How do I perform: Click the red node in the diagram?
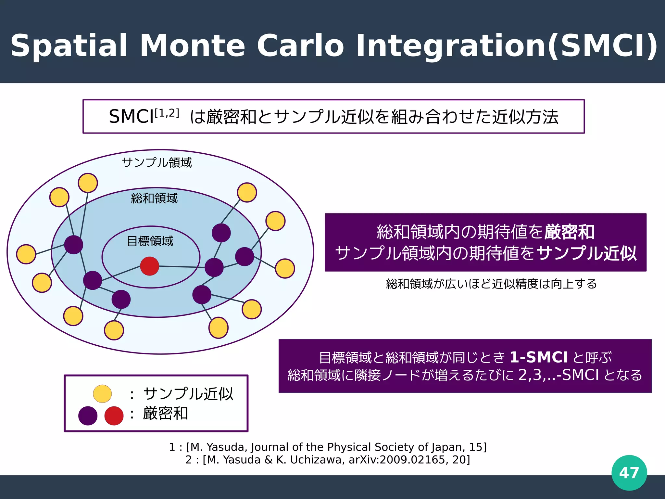[150, 266]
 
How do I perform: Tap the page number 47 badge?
[629, 473]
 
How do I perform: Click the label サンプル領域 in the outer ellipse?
[157, 162]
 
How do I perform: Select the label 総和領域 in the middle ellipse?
[154, 198]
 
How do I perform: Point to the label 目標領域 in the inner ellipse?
[150, 241]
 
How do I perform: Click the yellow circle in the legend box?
[102, 394]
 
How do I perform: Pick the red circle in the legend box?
[114, 416]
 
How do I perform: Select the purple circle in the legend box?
[88, 416]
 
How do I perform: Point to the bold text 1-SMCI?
[538, 357]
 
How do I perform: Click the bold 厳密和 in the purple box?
[569, 232]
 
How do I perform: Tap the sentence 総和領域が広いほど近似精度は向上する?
[491, 284]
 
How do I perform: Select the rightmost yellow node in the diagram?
[285, 268]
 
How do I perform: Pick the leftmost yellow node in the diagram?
[26, 254]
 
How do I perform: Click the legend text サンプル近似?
[188, 394]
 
